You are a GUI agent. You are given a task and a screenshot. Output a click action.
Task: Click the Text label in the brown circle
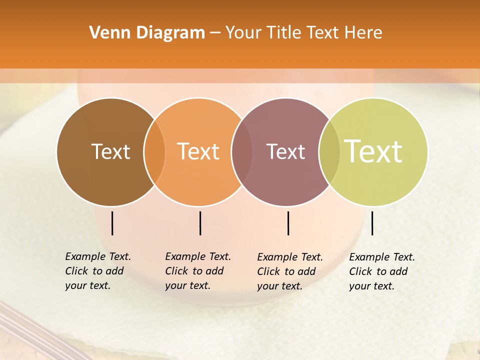tap(110, 151)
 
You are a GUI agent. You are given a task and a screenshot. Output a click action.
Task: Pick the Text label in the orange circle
tap(198, 151)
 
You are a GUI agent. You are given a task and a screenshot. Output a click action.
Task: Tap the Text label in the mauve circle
tap(285, 151)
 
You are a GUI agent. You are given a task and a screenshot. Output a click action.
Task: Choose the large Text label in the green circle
tap(373, 151)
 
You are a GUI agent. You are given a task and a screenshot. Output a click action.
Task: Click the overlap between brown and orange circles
tap(154, 152)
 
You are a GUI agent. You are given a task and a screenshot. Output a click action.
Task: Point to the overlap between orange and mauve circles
tap(242, 152)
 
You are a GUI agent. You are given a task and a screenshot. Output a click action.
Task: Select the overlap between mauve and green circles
tap(329, 152)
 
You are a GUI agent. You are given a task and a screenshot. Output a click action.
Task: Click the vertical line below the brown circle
tap(112, 223)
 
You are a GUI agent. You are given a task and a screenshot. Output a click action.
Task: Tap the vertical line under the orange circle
tap(200, 223)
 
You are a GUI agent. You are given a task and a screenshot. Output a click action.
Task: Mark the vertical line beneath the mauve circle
tap(288, 223)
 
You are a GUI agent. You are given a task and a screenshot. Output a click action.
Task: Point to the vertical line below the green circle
tap(372, 223)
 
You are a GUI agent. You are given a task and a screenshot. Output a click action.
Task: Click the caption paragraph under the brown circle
tap(98, 271)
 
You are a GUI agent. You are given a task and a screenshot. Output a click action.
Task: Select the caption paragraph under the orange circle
tap(198, 271)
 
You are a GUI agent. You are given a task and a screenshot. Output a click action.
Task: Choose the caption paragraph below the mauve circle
tap(290, 271)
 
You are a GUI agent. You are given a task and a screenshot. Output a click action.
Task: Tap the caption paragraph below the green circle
tap(382, 271)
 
